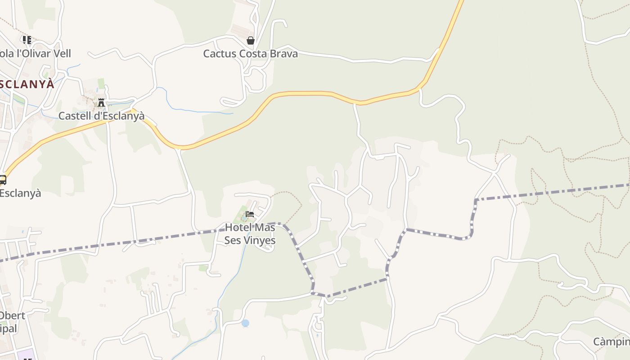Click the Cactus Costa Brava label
[x=250, y=54]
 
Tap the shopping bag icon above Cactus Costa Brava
[x=251, y=40]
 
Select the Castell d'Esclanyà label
[x=102, y=116]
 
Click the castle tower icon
[x=101, y=103]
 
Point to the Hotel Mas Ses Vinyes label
[x=250, y=234]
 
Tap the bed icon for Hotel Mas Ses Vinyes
[x=250, y=214]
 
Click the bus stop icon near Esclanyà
[x=2, y=180]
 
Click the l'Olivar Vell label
[x=36, y=54]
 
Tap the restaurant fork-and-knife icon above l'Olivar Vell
[x=27, y=40]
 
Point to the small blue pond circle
[x=245, y=323]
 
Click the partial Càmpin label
[x=611, y=342]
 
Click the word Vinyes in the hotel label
[x=257, y=240]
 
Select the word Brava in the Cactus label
[x=281, y=54]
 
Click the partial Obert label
[x=13, y=315]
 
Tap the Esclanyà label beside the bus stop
[x=20, y=193]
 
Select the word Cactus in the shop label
[x=220, y=54]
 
